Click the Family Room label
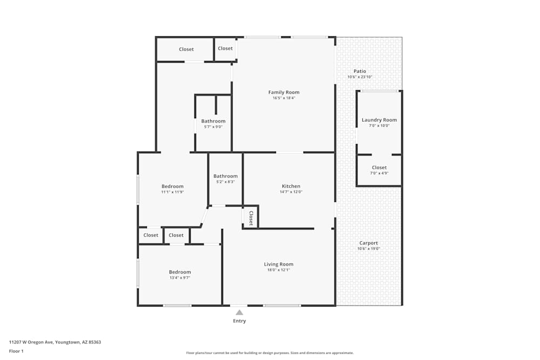coord(283,92)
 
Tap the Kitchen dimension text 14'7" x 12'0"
coord(291,192)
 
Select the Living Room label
coord(279,264)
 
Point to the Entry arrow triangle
coord(239,313)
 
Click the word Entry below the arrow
coord(239,321)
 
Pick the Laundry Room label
coord(379,120)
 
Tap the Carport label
coord(369,243)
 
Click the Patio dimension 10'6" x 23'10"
coord(360,77)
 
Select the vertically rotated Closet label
coord(251,217)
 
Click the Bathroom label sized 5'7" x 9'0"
coord(213,121)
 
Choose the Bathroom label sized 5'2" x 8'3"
coord(225,176)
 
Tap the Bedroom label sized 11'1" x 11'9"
coord(172,186)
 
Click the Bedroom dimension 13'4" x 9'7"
coord(179,278)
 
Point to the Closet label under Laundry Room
coord(379,167)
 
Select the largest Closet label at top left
coord(186,49)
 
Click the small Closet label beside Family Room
coord(225,49)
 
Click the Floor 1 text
coord(16,351)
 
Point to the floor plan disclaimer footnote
coord(270,352)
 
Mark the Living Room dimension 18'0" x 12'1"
coord(279,270)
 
